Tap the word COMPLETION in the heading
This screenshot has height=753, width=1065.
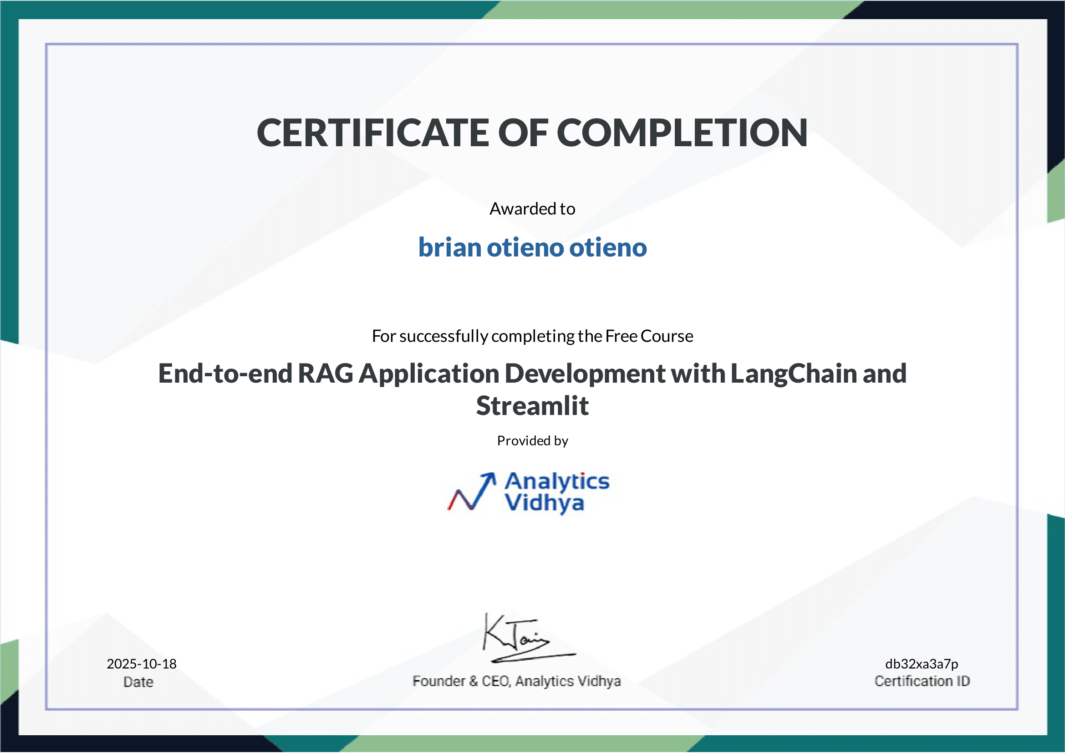click(682, 133)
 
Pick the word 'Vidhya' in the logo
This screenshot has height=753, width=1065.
click(544, 503)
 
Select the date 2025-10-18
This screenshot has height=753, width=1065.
click(142, 664)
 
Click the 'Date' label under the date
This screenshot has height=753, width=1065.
click(138, 682)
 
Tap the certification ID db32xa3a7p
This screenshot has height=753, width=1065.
click(922, 664)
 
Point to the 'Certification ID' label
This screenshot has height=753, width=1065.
click(922, 681)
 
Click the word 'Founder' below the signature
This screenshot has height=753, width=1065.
click(439, 681)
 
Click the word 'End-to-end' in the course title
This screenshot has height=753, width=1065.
click(225, 374)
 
